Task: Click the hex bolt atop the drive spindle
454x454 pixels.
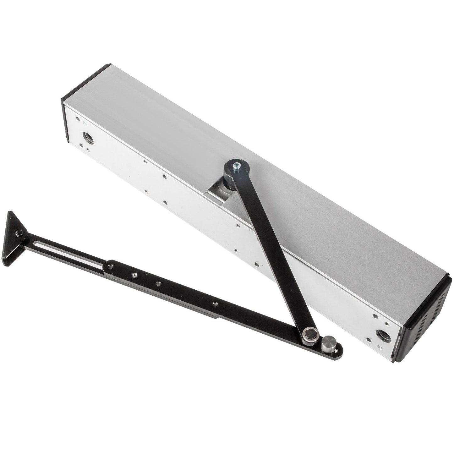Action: (237, 166)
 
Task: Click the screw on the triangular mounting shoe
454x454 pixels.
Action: (19, 233)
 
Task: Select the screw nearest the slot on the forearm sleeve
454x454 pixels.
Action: (110, 266)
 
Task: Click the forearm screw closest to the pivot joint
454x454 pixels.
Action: (215, 304)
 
